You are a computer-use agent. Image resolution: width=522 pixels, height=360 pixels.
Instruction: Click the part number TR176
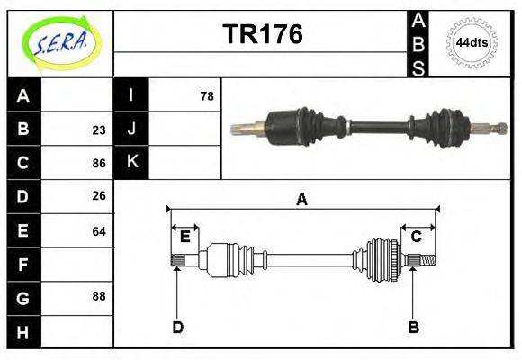pyautogui.click(x=262, y=35)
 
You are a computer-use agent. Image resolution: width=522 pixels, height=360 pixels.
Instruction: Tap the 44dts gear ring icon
pyautogui.click(x=472, y=42)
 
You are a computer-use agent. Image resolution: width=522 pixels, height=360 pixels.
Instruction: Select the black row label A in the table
pyautogui.click(x=23, y=95)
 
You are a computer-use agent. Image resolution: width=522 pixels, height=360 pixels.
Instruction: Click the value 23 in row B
pyautogui.click(x=98, y=130)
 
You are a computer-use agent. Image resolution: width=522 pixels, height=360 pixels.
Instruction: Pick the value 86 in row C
pyautogui.click(x=98, y=164)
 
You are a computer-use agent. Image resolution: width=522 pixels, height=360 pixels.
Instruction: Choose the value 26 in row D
pyautogui.click(x=98, y=196)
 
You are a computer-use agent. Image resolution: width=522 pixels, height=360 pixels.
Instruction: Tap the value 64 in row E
pyautogui.click(x=98, y=231)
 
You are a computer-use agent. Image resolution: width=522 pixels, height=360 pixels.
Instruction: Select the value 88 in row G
pyautogui.click(x=98, y=295)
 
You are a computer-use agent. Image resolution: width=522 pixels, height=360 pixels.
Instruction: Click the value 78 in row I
pyautogui.click(x=206, y=95)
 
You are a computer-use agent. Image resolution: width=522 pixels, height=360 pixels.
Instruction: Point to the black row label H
pyautogui.click(x=23, y=332)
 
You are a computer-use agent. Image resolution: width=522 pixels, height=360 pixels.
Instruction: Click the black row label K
pyautogui.click(x=131, y=162)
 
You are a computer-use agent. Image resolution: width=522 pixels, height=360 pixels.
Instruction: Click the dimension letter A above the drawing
pyautogui.click(x=301, y=200)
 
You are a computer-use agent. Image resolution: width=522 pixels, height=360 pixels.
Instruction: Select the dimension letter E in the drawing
pyautogui.click(x=184, y=237)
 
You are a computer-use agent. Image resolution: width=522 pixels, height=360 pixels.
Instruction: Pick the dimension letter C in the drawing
pyautogui.click(x=417, y=237)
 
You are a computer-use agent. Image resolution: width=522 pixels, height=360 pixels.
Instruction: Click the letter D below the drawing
pyautogui.click(x=177, y=327)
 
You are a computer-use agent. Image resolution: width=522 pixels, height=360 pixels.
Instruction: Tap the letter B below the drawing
pyautogui.click(x=413, y=327)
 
